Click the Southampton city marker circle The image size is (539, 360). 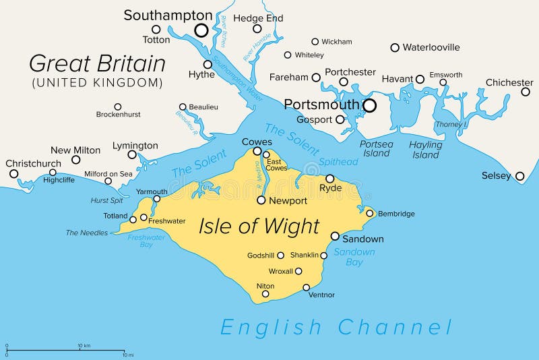coord(201,30)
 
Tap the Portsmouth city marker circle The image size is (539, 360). coord(369,105)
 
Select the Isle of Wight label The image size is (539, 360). coord(259,226)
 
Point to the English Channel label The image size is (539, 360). coord(336,328)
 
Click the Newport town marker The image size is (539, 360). coord(261,200)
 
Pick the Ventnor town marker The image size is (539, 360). coord(307,287)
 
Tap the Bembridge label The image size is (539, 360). coord(396,214)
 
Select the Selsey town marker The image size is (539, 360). coord(519,177)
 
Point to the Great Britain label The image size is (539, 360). coord(97,64)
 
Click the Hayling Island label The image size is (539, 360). coord(426,150)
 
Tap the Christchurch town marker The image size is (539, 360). coord(13,174)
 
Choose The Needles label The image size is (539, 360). coord(86,233)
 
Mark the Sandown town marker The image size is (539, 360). coord(335,236)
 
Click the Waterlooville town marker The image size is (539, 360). coord(395,47)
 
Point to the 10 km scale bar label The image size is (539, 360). coord(84,346)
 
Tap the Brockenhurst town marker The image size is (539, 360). coord(118,107)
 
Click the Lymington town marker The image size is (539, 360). coord(132,155)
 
